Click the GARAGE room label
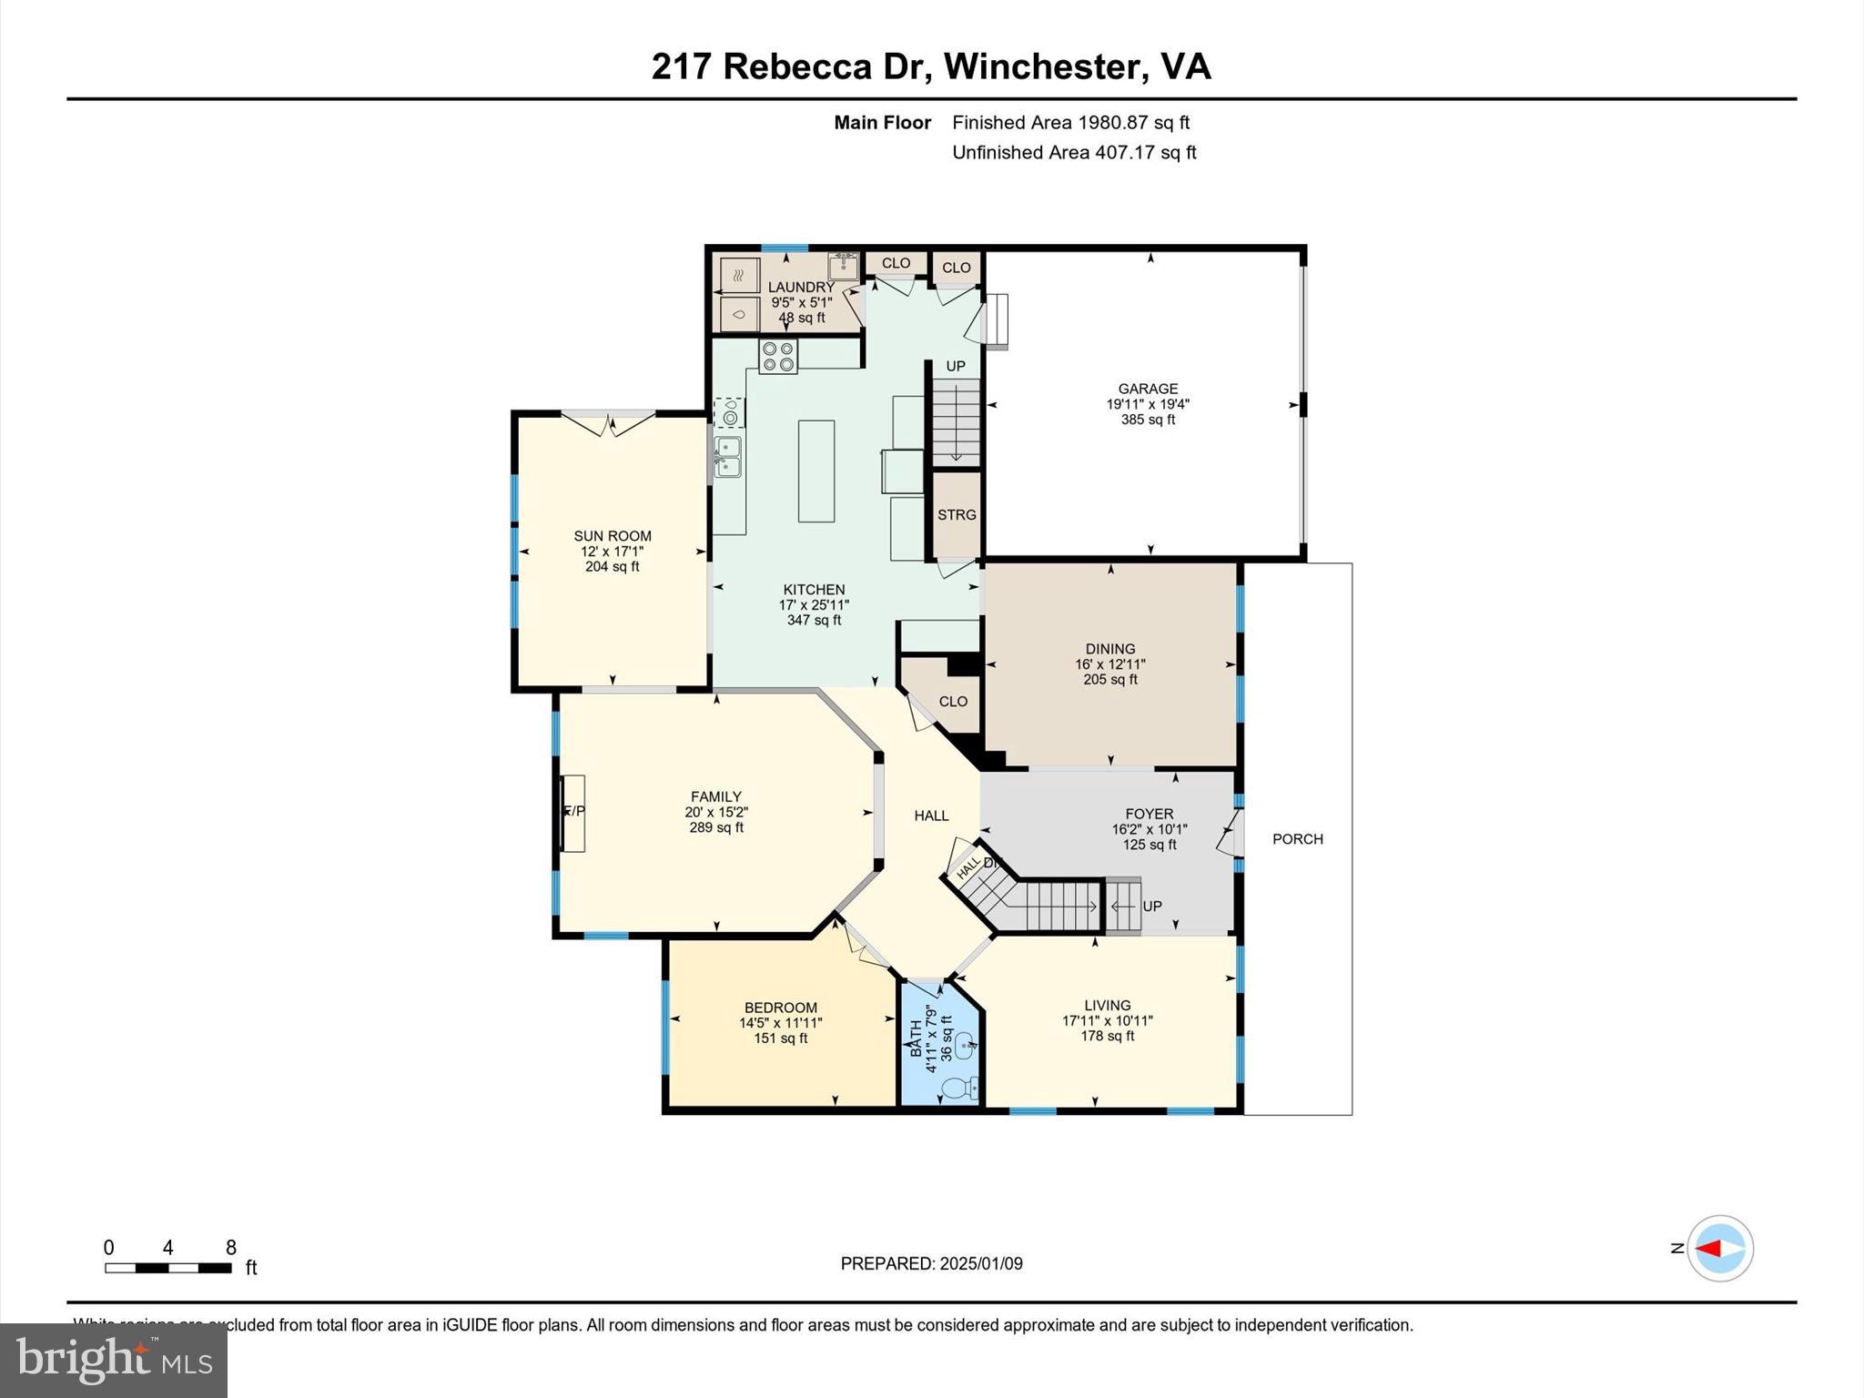(x=1148, y=389)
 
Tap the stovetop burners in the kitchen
(x=778, y=356)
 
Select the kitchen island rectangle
(x=816, y=471)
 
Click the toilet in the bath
(x=957, y=1087)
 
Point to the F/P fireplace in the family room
(x=572, y=812)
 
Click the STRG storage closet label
(x=957, y=514)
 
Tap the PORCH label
(x=1297, y=838)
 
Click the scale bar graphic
(x=167, y=1268)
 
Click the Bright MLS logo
(x=114, y=1360)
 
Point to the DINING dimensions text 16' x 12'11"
(x=1109, y=664)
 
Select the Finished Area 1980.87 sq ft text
(x=1070, y=122)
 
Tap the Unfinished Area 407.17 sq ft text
(x=1073, y=152)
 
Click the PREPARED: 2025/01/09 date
(x=931, y=1263)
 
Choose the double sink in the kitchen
(x=727, y=456)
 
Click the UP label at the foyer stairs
(x=1151, y=906)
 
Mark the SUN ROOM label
(x=612, y=536)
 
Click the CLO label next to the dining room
(x=953, y=701)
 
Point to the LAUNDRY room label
(x=800, y=287)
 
